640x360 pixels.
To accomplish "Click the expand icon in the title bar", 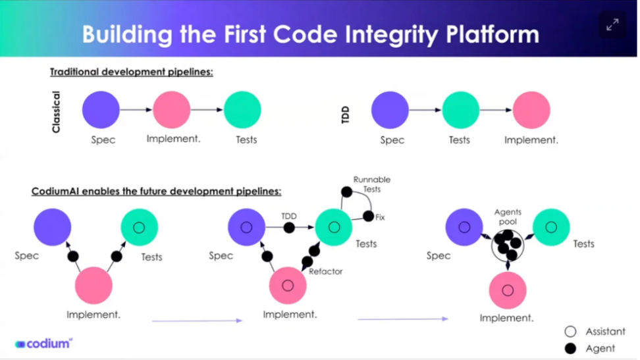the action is [612, 25].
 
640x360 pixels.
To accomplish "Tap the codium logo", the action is [43, 344].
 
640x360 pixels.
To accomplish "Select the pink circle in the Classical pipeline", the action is [172, 110].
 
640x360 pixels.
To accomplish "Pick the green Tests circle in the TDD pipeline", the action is [461, 110].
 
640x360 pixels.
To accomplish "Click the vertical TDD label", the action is [345, 115].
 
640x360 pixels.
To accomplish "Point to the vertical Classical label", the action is [56, 112].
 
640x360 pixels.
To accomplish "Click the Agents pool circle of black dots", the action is [508, 245].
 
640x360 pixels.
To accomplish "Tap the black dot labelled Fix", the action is [368, 217].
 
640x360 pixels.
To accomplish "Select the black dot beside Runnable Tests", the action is [346, 192].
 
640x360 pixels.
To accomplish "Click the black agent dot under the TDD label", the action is [289, 228].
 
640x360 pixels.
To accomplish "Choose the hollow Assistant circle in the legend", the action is [570, 332].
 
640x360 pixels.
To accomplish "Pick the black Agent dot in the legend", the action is [570, 349].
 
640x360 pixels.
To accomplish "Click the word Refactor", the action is [325, 271].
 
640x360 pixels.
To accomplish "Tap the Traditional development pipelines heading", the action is [132, 72].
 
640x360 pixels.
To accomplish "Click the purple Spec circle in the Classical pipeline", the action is [101, 110].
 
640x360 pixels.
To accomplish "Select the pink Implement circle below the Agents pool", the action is [508, 290].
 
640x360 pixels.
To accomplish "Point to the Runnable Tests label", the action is [371, 184].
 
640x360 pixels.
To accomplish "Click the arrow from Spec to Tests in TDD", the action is [425, 110].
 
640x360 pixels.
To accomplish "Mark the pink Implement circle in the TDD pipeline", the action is [531, 110].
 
